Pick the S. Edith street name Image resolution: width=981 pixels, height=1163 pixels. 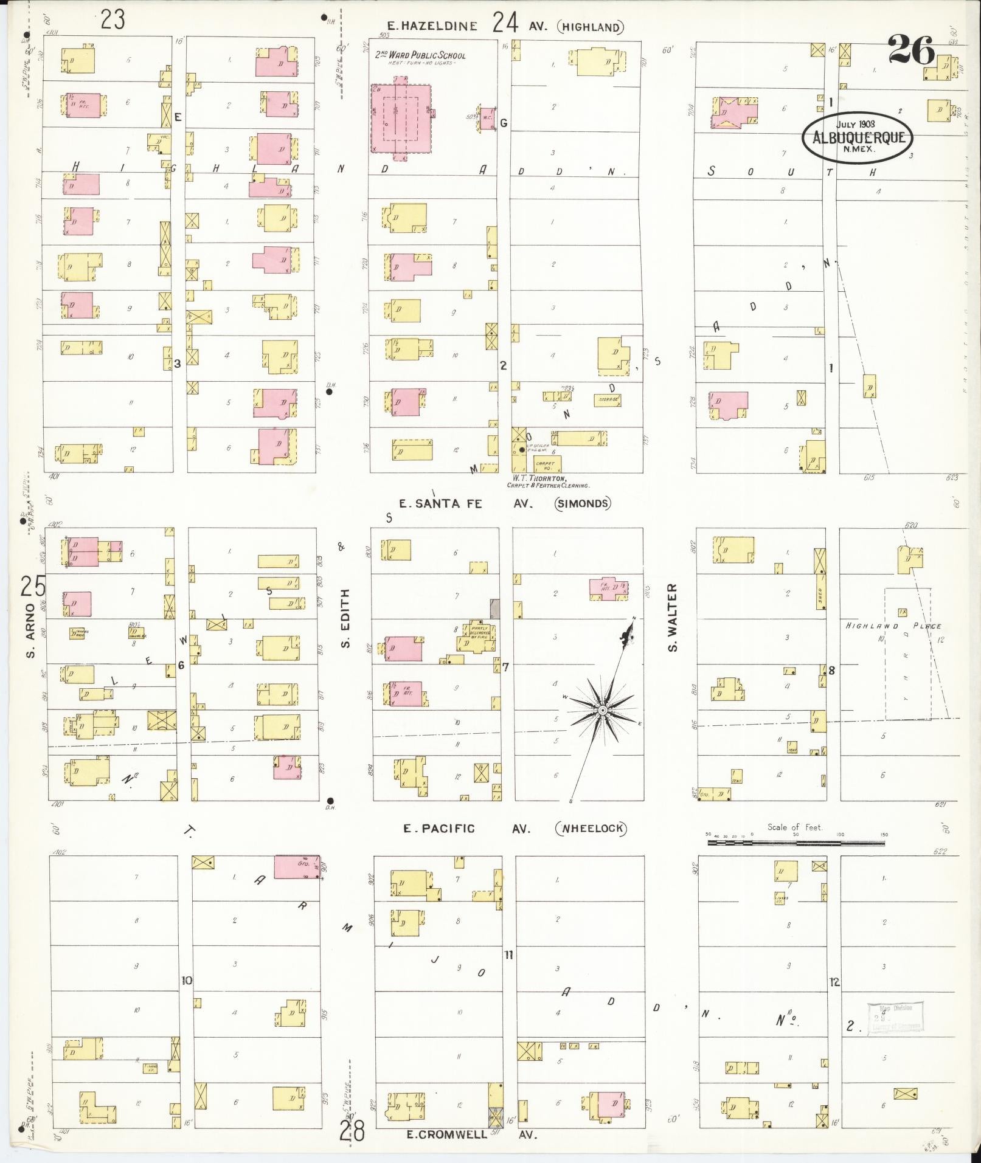[345, 618]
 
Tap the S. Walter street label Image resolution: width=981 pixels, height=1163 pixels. [672, 617]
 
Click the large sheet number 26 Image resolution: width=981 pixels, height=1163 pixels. [910, 50]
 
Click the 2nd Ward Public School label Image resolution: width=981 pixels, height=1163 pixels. [420, 55]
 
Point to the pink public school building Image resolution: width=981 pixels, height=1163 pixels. [401, 119]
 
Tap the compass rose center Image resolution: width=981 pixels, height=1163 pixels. [602, 710]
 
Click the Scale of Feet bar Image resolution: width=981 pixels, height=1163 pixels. [796, 843]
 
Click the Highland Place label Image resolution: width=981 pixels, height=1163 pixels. [893, 626]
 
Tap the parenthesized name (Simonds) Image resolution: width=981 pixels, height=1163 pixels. [582, 503]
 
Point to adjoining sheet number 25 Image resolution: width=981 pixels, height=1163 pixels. [32, 587]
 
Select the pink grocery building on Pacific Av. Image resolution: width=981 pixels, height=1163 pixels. [297, 867]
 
